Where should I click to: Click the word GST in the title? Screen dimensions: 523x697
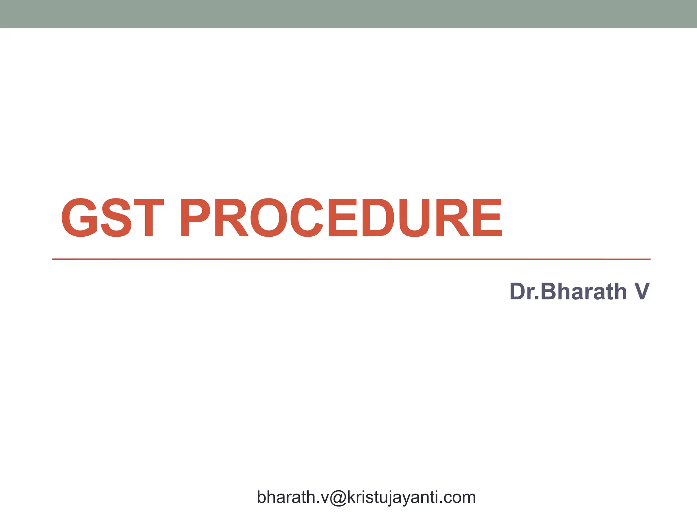(112, 218)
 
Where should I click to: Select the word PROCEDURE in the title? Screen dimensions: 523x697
(340, 218)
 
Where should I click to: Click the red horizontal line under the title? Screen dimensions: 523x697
(351, 259)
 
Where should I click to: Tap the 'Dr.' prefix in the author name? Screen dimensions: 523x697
(524, 292)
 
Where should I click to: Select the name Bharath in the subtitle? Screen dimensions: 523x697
(583, 292)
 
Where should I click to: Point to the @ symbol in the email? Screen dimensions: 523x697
(338, 498)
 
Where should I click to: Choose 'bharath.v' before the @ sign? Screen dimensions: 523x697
(293, 498)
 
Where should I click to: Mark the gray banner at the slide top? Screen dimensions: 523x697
(348, 14)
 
